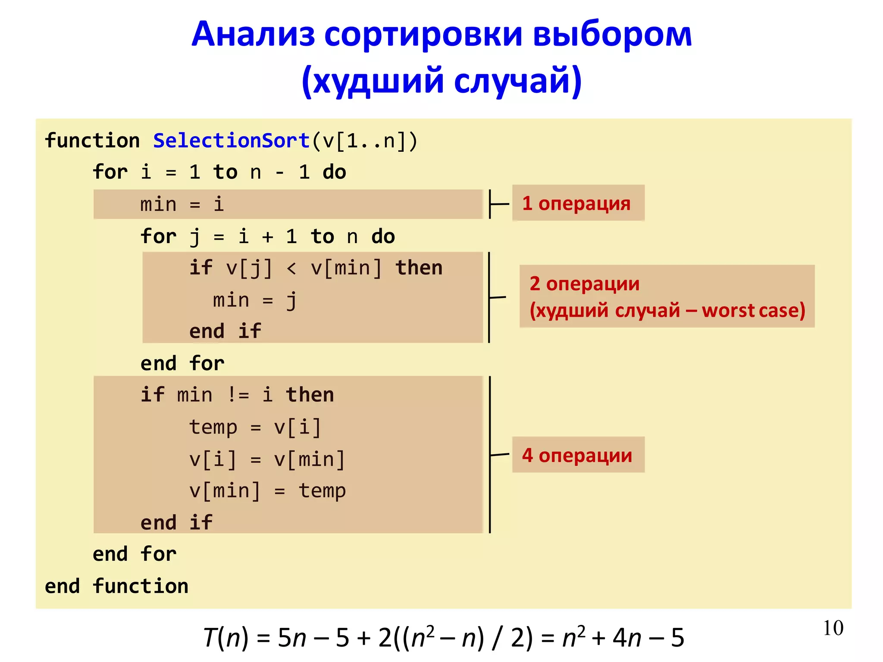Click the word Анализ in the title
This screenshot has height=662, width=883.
click(x=254, y=34)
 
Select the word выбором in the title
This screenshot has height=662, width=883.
click(x=612, y=34)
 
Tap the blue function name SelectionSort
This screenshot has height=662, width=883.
click(x=232, y=141)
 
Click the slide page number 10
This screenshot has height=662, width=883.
click(x=833, y=628)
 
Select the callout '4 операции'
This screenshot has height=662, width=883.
click(x=578, y=455)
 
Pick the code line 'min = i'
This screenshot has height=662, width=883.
click(x=182, y=204)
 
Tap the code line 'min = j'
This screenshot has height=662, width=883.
click(x=254, y=300)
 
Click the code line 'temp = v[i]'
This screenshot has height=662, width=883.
click(x=255, y=427)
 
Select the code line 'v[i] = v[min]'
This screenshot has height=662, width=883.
click(x=267, y=459)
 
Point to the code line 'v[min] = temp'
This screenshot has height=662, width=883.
click(x=267, y=491)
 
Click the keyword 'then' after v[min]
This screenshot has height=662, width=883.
click(x=419, y=268)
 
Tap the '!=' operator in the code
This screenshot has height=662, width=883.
click(x=238, y=395)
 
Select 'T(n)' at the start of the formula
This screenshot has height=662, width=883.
click(x=226, y=638)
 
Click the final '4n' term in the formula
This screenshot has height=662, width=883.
click(x=627, y=638)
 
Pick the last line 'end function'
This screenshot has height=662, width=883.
click(x=116, y=586)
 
